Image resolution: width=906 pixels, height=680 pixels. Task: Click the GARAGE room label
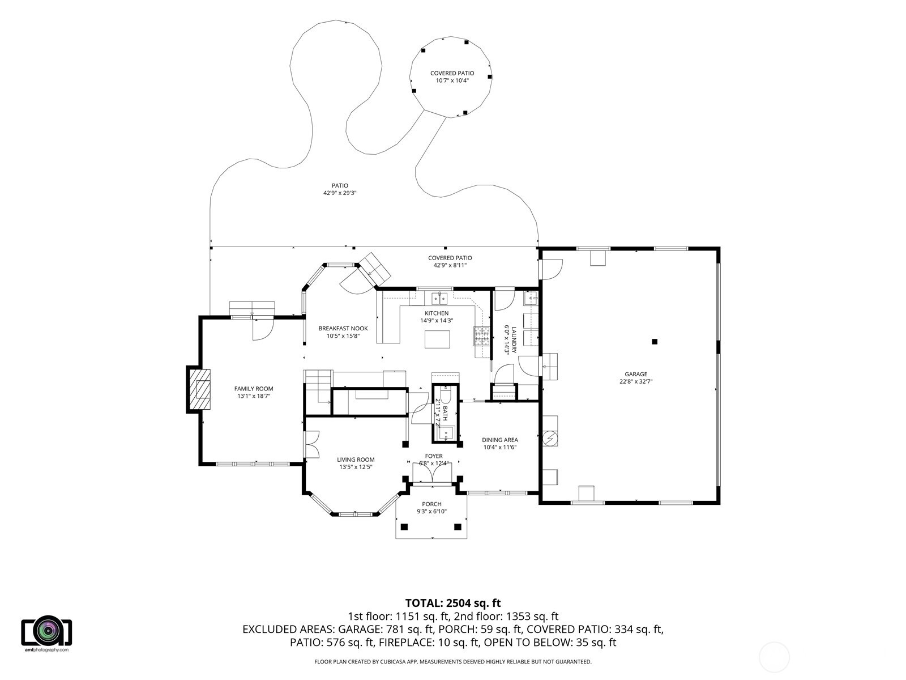point(636,374)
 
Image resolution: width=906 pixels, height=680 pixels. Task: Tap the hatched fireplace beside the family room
point(200,389)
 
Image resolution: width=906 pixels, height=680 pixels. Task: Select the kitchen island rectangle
point(437,339)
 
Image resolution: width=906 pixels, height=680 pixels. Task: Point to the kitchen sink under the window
point(439,297)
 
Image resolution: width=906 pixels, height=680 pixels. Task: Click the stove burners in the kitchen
point(481,335)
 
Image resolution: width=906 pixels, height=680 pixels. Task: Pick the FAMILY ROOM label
point(254,389)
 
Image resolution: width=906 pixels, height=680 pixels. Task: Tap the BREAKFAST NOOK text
point(343,329)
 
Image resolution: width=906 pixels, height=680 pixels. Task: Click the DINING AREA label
point(500,440)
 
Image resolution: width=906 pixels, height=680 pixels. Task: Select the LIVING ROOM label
point(356,460)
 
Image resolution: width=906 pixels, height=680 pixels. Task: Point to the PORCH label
point(431,504)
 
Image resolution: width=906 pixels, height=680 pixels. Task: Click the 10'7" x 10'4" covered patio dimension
point(452,80)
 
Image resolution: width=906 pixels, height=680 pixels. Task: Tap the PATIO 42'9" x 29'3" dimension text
point(340,193)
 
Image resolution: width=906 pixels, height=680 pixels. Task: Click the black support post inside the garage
point(655,342)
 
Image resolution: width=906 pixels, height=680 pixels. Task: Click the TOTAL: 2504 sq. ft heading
point(453,603)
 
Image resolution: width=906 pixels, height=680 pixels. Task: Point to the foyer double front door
point(432,473)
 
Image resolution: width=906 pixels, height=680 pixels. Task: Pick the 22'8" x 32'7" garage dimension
point(636,381)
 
